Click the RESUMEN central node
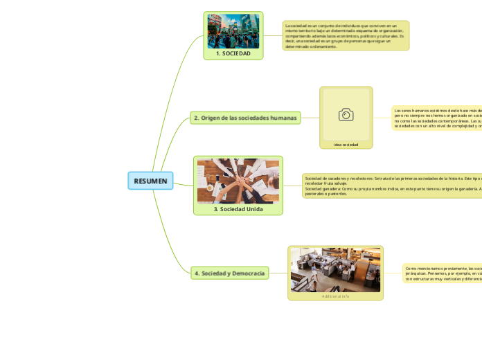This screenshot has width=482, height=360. point(150,181)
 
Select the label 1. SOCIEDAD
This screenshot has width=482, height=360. point(233,53)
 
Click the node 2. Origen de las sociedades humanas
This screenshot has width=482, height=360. point(246,118)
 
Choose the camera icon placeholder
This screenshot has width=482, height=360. point(346,114)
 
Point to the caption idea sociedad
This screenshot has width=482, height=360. point(346,145)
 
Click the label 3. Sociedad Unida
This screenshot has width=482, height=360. point(238,208)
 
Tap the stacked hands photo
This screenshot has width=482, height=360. point(238,181)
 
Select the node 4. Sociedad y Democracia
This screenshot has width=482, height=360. point(230,273)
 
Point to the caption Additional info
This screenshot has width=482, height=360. point(335,296)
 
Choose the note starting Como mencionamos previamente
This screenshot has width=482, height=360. point(442,273)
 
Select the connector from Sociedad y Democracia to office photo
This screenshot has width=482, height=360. point(278,273)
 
